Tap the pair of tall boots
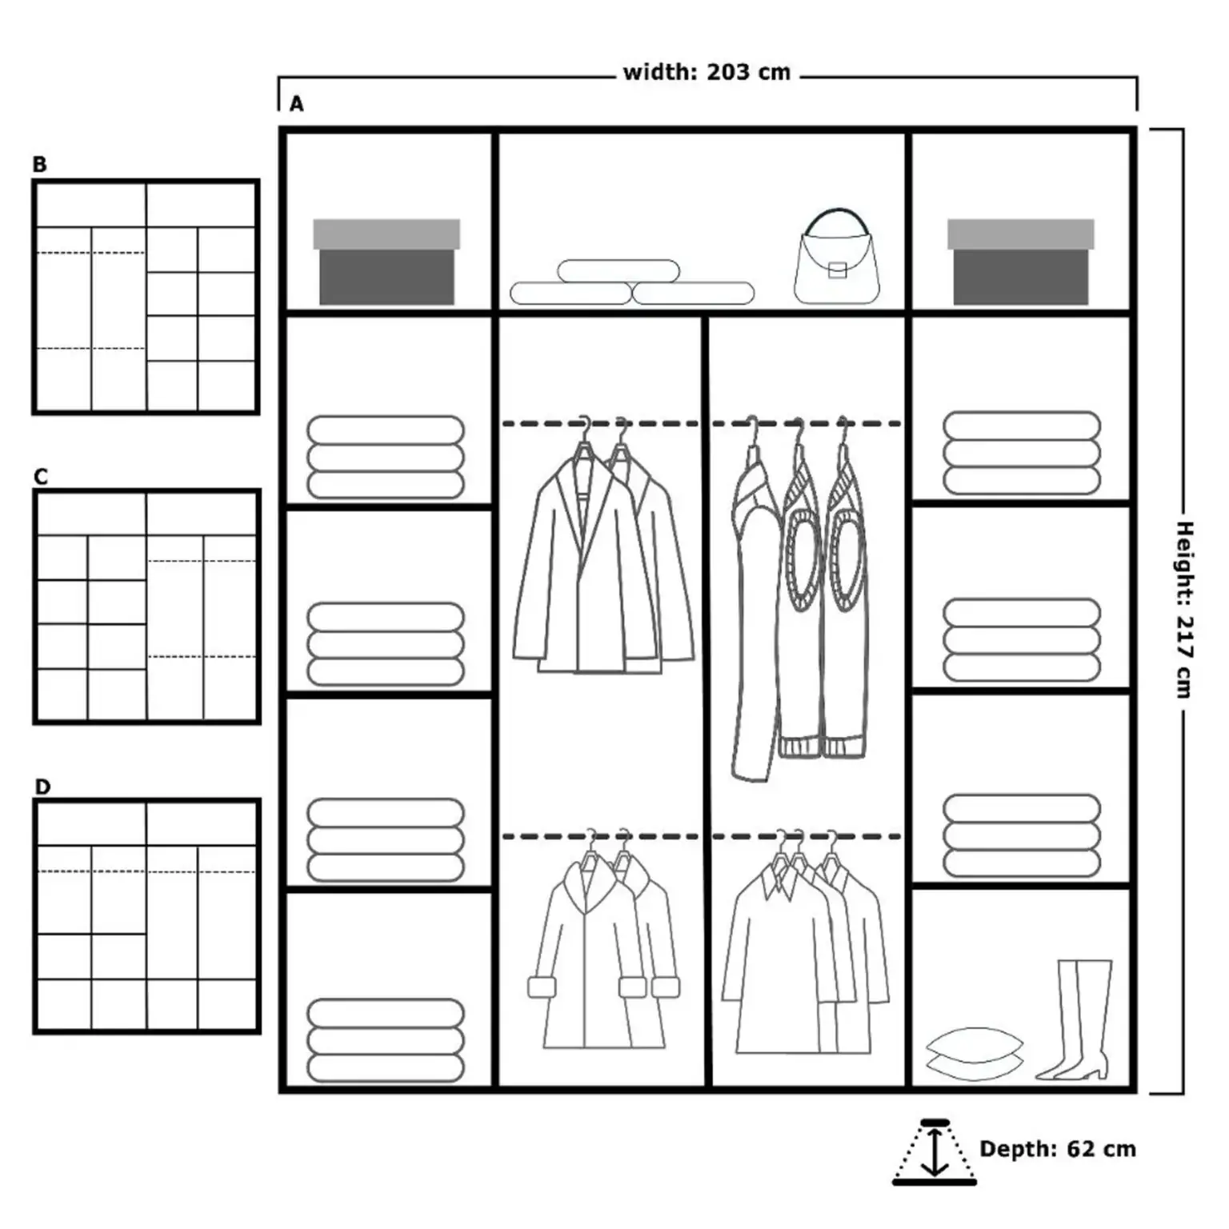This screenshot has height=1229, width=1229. (x=1077, y=1019)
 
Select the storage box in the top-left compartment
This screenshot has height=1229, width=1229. (x=386, y=262)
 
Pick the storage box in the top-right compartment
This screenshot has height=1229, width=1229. (x=1020, y=262)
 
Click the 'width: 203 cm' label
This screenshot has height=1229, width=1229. (x=707, y=73)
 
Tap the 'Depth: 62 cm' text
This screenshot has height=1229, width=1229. (x=1057, y=1149)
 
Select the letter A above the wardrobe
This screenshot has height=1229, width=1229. (x=297, y=104)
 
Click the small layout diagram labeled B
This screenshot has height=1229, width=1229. (x=146, y=297)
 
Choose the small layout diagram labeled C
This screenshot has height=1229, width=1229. (x=146, y=606)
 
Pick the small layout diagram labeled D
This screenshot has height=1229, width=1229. (x=146, y=916)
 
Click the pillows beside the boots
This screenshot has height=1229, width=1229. (x=974, y=1055)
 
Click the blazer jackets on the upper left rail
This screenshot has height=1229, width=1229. (x=602, y=564)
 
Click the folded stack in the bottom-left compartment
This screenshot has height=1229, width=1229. (x=386, y=1040)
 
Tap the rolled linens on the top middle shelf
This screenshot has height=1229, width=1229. (x=631, y=283)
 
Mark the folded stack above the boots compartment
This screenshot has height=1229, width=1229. (x=1021, y=835)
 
